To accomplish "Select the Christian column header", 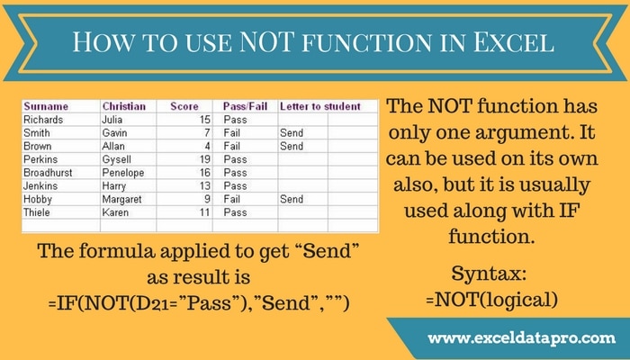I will point(123,106).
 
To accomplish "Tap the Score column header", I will point(184,106).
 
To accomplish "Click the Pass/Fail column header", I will point(243,106).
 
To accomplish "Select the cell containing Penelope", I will point(124,172).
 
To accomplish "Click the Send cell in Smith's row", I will point(292,131).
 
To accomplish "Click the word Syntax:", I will point(490,270).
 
